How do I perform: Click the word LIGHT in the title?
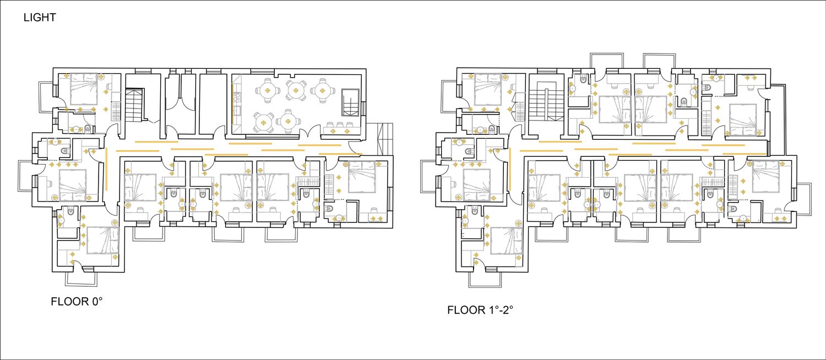[x=40, y=17]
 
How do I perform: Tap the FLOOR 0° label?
[x=77, y=302]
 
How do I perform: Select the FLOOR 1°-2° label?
[x=480, y=310]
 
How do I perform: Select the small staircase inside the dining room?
[x=350, y=102]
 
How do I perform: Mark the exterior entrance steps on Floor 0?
[x=384, y=139]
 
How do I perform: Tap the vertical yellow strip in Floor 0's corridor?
[x=106, y=169]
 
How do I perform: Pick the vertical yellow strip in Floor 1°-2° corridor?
[x=510, y=169]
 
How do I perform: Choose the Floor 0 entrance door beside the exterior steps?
[x=355, y=148]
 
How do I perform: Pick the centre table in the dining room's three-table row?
[x=295, y=90]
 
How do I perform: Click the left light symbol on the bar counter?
[x=333, y=131]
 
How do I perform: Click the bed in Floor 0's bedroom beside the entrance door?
[x=361, y=177]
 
